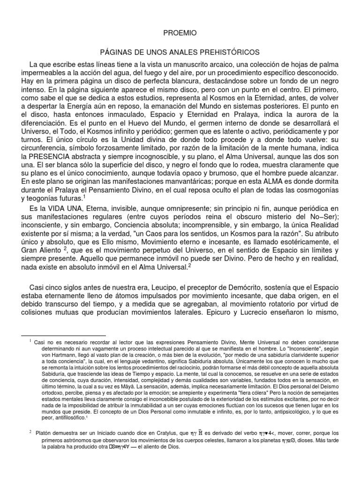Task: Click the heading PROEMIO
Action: point(180,33)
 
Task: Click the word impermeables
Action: point(43,74)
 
